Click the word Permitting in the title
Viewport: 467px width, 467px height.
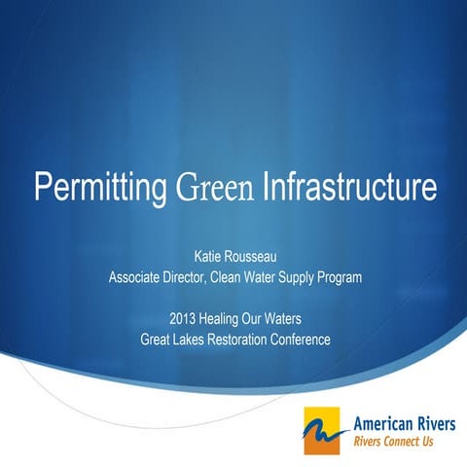(x=98, y=186)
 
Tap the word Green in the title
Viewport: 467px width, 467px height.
(x=216, y=186)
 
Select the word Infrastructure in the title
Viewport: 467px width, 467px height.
(x=350, y=186)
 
